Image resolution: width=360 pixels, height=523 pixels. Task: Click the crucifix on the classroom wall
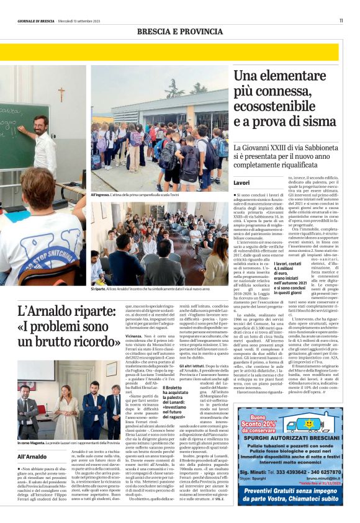(61, 94)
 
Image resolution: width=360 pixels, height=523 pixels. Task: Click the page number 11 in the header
(341, 20)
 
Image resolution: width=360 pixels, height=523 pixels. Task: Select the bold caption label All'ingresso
(101, 195)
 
